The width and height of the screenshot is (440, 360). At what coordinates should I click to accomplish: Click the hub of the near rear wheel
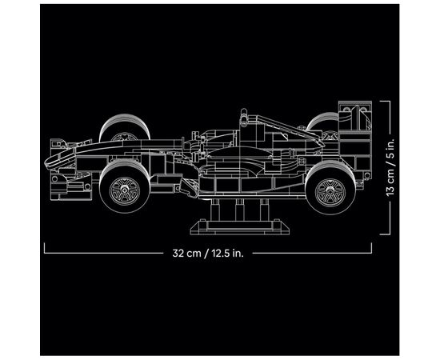point(329,191)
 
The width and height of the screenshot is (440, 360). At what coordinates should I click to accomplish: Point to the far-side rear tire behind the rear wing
point(318,124)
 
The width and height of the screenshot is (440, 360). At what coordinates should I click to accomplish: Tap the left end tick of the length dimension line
point(43,248)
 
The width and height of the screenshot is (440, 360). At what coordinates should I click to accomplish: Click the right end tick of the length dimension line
point(375,248)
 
